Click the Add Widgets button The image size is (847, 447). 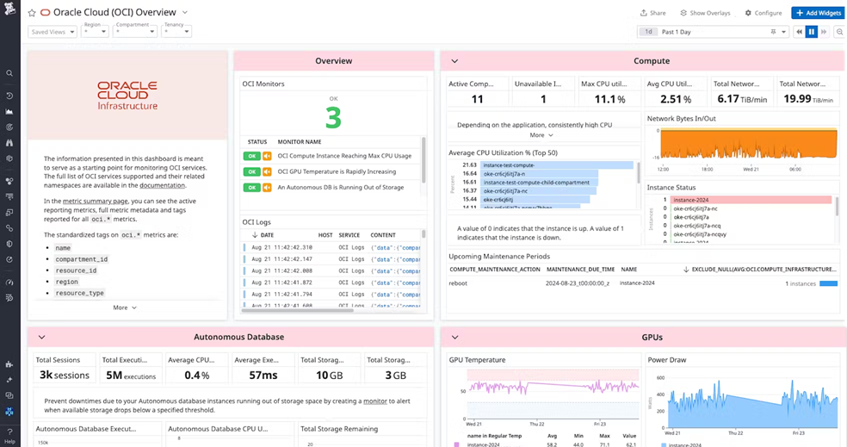tap(817, 13)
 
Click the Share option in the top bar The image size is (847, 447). tap(653, 13)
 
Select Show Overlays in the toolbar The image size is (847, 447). tap(705, 13)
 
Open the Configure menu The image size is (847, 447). tap(763, 13)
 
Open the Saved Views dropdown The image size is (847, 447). tap(53, 32)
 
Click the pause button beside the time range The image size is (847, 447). tap(811, 32)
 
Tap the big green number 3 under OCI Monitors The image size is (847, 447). tap(333, 116)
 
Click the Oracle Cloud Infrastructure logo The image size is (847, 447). tap(127, 95)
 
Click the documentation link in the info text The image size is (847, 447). tap(162, 185)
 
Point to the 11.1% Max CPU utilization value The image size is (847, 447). tap(609, 99)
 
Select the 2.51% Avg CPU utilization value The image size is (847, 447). tap(675, 99)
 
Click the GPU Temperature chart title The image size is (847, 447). tap(477, 359)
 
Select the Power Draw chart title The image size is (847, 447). tap(666, 359)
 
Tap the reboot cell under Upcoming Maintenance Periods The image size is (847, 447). tap(458, 282)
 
